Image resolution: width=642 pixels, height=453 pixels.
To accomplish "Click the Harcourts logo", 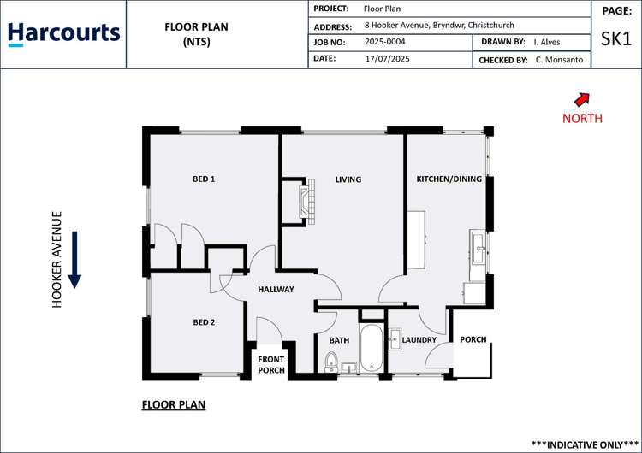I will tap(63, 33).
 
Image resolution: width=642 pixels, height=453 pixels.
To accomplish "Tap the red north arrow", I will tap(582, 99).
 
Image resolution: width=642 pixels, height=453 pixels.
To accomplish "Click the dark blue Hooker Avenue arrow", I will tap(74, 259).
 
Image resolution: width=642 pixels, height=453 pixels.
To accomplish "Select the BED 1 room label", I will tap(203, 179).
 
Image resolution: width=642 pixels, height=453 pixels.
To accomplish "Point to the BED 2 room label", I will tap(203, 322).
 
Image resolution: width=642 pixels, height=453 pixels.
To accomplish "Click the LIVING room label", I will tap(348, 179).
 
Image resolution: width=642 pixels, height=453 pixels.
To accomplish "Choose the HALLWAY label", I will tap(276, 289).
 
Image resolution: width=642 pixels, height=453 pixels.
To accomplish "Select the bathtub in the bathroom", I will tap(372, 349).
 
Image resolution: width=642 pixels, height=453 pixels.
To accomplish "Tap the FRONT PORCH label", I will tap(271, 365).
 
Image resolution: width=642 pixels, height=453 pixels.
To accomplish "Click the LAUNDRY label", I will tap(419, 340).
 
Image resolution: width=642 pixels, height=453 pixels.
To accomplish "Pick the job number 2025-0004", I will tap(385, 41).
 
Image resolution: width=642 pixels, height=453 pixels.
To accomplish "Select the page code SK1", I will tap(616, 39).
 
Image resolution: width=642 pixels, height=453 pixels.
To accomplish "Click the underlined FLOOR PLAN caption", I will tap(173, 404).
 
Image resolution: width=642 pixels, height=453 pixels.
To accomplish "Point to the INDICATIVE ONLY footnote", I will tap(585, 444).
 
